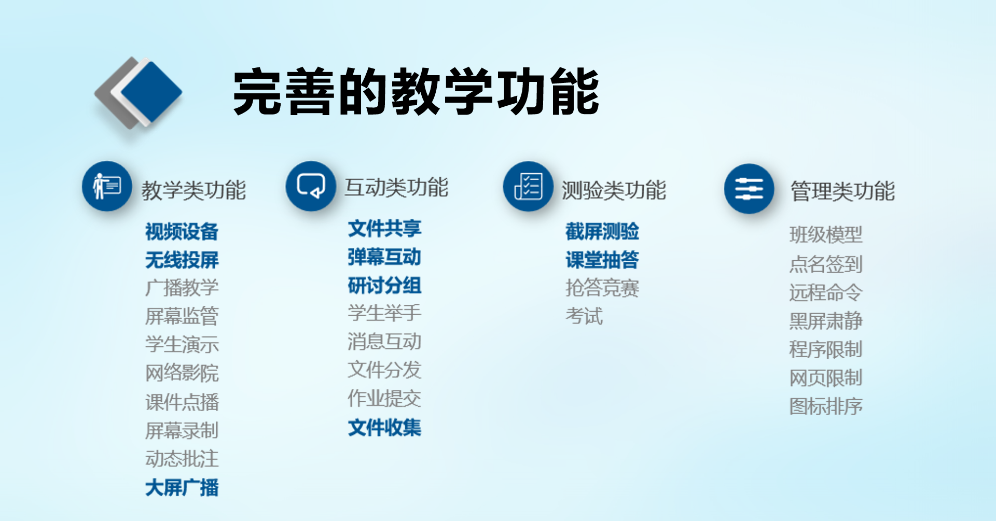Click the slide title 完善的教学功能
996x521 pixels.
(x=417, y=92)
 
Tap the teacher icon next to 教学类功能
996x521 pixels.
(x=107, y=186)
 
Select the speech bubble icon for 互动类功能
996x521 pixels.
(x=311, y=186)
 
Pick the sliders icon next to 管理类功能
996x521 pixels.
(x=749, y=189)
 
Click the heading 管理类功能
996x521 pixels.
(x=842, y=191)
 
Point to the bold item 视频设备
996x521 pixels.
(x=182, y=232)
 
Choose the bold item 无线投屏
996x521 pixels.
(x=182, y=260)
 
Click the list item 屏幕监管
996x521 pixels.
(x=182, y=316)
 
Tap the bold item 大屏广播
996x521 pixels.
(x=182, y=488)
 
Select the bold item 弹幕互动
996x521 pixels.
(x=384, y=257)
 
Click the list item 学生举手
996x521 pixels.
(x=384, y=313)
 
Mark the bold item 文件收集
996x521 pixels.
(x=384, y=428)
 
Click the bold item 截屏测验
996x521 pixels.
(x=602, y=231)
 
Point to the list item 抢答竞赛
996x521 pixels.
(x=602, y=288)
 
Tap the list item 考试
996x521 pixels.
(x=584, y=316)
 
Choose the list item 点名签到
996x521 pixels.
(x=826, y=264)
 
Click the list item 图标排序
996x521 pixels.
(x=826, y=406)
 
